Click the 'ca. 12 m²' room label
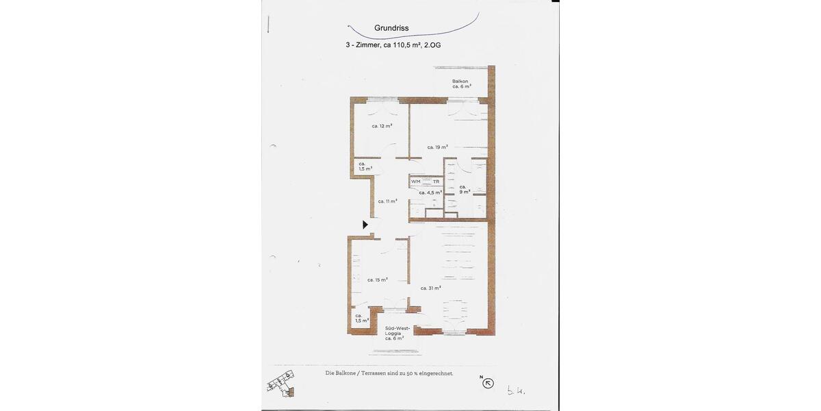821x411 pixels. click(x=382, y=126)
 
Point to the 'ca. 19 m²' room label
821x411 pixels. click(x=437, y=147)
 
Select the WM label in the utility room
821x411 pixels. click(x=416, y=182)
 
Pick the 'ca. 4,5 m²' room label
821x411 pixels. click(x=430, y=192)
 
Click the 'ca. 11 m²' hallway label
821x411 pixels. click(x=388, y=201)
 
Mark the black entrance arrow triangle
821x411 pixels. click(x=365, y=224)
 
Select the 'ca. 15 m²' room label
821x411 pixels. click(x=377, y=279)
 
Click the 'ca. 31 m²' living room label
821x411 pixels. click(x=430, y=288)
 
